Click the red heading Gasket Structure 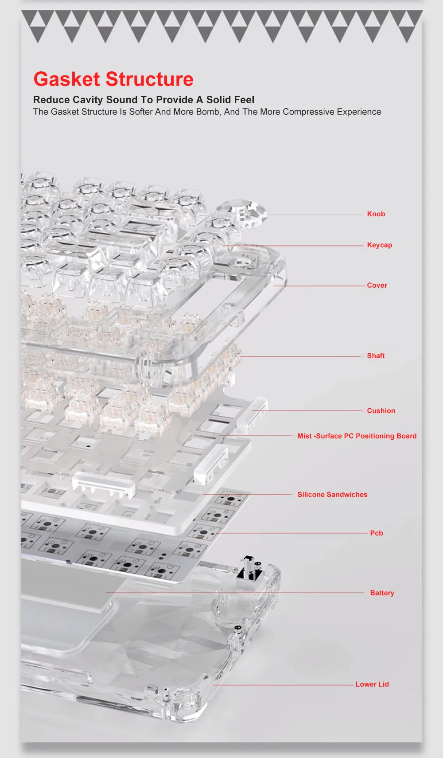[113, 79]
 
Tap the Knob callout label [376, 214]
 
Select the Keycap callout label [379, 245]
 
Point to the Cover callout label [377, 285]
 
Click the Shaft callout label [376, 356]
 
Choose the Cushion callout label [381, 411]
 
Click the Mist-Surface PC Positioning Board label [357, 436]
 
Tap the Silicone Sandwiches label [332, 495]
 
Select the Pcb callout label [376, 533]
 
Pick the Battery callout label [382, 593]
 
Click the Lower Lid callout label [372, 684]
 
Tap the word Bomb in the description [208, 112]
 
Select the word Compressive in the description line [308, 112]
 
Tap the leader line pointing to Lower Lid [284, 685]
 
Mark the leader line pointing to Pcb [292, 533]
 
